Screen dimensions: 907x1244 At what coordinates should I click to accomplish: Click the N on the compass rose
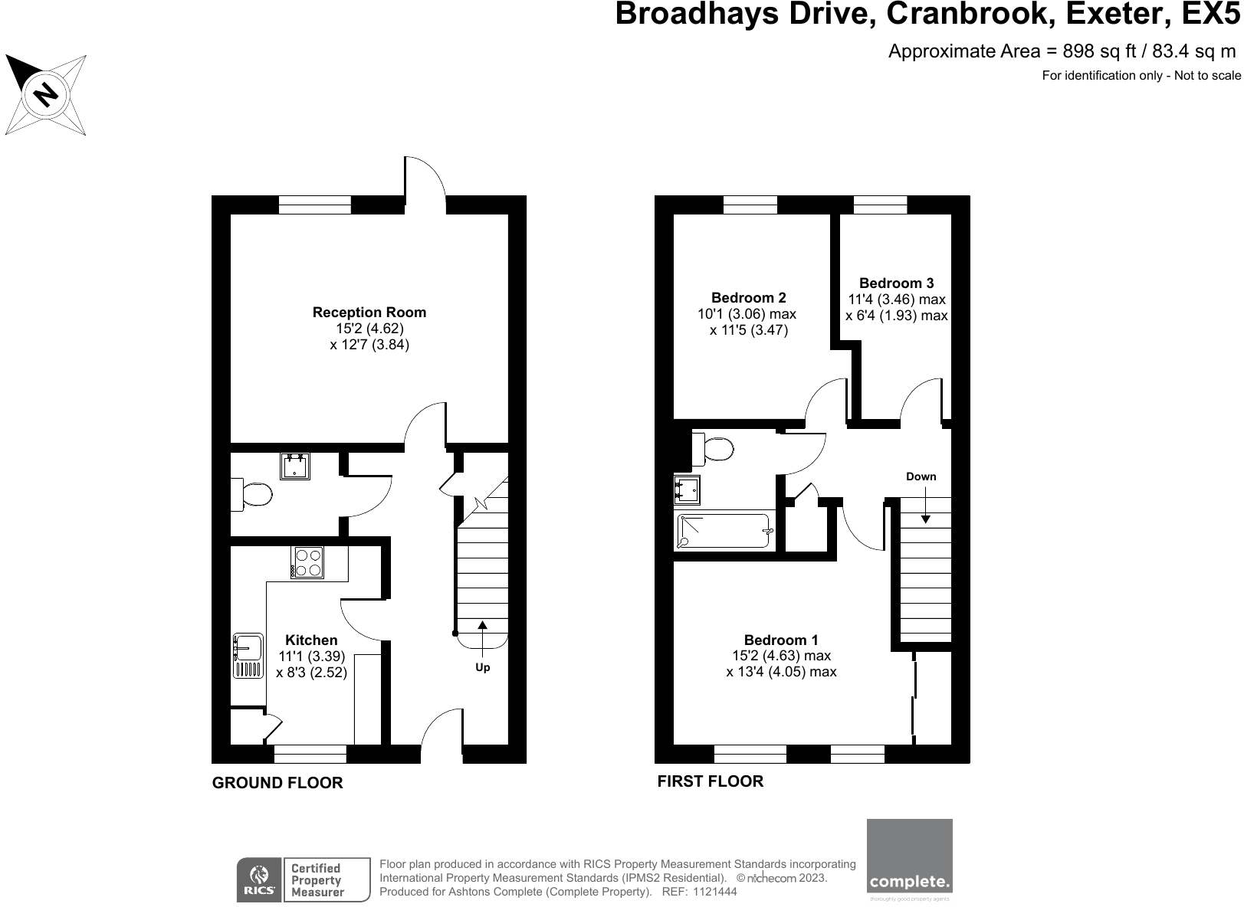click(46, 94)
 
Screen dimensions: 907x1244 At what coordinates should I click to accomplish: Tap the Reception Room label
click(369, 312)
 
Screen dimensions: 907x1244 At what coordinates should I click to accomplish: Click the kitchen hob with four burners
click(307, 562)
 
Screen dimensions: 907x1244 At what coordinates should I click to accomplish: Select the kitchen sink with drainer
click(247, 655)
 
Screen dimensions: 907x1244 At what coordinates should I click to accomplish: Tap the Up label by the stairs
click(482, 667)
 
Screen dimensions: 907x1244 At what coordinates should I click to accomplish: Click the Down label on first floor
click(921, 476)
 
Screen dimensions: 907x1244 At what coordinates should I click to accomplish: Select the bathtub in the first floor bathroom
click(724, 531)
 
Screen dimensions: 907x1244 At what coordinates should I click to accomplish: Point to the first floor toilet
click(714, 449)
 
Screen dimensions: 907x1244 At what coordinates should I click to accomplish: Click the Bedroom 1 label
click(781, 640)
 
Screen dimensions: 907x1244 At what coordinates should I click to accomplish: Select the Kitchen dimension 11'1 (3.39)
click(312, 657)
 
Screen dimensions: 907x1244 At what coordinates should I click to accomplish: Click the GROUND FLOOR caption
click(277, 783)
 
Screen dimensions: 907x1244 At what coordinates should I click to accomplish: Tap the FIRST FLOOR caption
click(711, 781)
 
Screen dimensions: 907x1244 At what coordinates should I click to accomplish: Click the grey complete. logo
click(909, 860)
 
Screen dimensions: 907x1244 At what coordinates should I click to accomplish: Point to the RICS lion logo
click(259, 879)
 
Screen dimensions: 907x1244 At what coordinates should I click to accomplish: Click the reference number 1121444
click(714, 892)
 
